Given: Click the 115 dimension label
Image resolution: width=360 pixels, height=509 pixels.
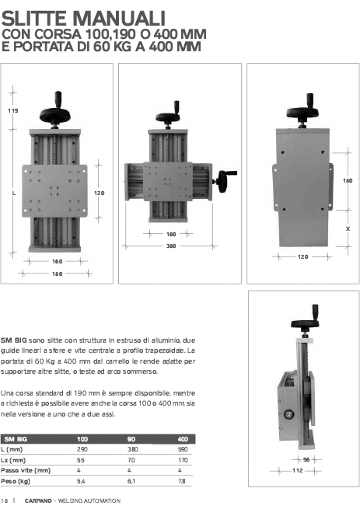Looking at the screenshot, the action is (13, 110).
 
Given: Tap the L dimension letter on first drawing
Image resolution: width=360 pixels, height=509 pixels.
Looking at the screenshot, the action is (14, 193).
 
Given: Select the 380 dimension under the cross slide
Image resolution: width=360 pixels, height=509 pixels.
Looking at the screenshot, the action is (171, 246).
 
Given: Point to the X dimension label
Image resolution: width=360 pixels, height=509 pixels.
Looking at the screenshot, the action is (348, 228).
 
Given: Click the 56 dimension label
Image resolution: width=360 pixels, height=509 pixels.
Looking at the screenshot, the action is (306, 460).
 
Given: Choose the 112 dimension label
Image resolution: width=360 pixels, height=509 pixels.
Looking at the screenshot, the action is (297, 470).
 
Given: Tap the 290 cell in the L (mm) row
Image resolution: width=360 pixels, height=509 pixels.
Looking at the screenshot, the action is (82, 449).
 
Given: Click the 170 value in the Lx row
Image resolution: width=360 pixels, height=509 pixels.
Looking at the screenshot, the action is (183, 460).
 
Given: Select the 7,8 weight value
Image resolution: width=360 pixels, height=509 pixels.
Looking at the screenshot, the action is (182, 481).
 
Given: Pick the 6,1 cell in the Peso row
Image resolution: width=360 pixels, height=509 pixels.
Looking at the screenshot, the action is (131, 481).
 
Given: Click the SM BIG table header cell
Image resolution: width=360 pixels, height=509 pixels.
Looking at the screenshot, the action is (16, 439).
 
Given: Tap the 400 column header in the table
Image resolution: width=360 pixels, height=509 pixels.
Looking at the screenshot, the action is (183, 439).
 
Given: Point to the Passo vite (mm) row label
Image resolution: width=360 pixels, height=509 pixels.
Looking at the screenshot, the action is (26, 470).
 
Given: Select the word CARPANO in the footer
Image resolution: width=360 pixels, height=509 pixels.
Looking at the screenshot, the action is (38, 500).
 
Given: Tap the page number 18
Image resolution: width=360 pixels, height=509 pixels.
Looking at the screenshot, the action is (5, 500).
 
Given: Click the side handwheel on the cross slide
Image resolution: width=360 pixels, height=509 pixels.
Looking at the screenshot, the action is (225, 180).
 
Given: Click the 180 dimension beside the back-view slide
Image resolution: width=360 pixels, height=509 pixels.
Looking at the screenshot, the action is (348, 180).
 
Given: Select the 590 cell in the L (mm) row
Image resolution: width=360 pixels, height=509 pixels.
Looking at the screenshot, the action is (183, 449).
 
